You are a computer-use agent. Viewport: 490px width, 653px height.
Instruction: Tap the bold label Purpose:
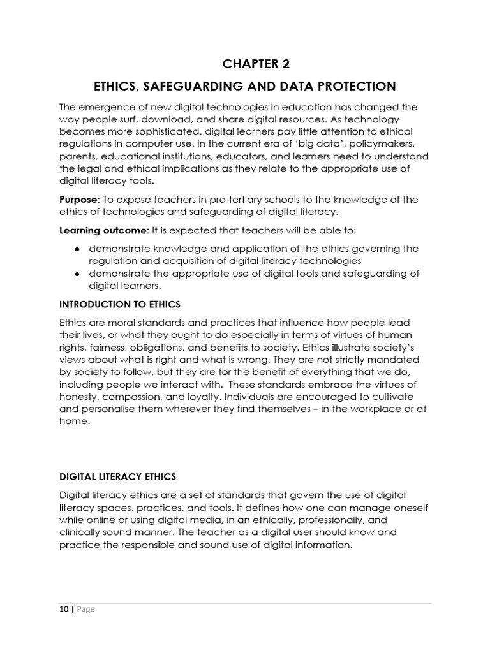pos(78,200)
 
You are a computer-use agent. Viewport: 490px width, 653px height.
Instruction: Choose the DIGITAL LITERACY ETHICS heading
pos(117,476)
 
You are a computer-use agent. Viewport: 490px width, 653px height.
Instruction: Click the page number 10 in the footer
pos(64,609)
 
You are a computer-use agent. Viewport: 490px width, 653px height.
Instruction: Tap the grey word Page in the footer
pos(85,609)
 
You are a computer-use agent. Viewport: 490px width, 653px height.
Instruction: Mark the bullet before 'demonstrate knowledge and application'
pos(77,249)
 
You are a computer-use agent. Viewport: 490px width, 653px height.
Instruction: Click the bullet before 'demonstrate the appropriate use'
pos(77,274)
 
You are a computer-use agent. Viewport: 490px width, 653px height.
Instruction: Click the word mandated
pos(399,359)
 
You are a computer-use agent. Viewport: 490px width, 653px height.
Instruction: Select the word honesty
pos(80,384)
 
